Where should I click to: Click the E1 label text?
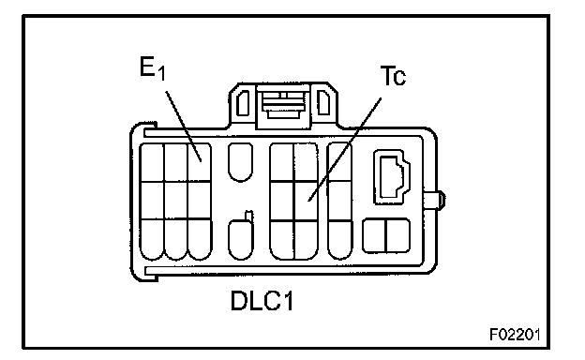[152, 68]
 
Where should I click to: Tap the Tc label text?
[393, 76]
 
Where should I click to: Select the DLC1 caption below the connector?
[262, 301]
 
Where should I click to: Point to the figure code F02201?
[515, 335]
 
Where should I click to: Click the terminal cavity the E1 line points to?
[200, 162]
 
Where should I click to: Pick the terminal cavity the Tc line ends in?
[307, 201]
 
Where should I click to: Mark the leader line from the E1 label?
[184, 126]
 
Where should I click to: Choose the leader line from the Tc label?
[345, 150]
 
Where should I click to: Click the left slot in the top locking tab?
[243, 102]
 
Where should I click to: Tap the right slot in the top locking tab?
[323, 102]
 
